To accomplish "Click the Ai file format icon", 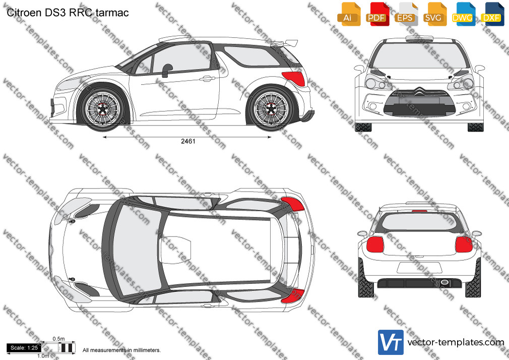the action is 349,14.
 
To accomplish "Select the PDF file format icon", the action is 377,14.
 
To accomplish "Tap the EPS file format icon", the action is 406,14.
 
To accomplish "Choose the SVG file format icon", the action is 434,14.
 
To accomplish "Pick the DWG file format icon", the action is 463,14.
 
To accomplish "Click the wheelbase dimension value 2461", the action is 188,141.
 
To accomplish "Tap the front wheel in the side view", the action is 103,108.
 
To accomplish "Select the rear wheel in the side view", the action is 271,108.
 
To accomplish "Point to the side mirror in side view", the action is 166,70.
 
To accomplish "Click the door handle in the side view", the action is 208,78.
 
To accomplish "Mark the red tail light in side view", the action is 294,79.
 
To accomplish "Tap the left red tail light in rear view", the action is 375,245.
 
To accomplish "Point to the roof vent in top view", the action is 175,250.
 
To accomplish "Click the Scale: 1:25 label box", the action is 24,348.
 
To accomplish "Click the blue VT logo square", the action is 391,342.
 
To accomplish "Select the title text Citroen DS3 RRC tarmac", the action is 68,13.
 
